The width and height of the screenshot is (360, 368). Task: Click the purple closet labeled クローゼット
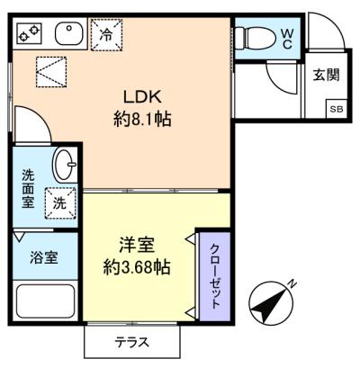click(214, 277)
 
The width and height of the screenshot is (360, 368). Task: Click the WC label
click(286, 38)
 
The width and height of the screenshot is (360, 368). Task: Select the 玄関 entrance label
click(327, 76)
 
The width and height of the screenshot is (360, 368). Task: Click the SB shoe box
click(335, 110)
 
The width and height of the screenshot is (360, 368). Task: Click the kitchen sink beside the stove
click(68, 35)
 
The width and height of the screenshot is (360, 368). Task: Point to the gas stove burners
click(30, 35)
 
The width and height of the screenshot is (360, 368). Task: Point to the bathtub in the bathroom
click(47, 301)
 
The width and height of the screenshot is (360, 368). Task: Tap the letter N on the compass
click(292, 285)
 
